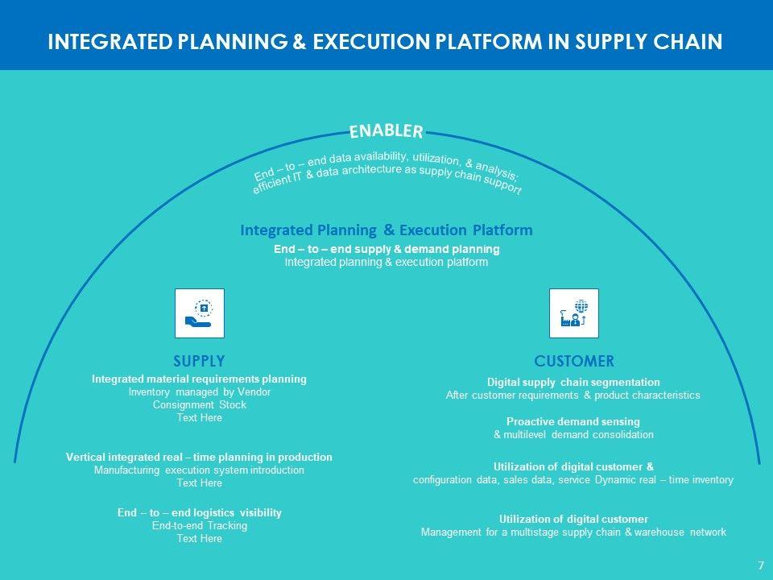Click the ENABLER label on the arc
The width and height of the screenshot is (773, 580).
(x=386, y=130)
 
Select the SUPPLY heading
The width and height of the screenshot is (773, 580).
(x=199, y=360)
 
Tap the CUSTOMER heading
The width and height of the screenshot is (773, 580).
(x=573, y=360)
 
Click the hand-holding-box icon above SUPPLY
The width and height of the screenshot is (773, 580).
(x=199, y=313)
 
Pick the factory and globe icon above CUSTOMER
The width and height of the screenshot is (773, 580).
(x=573, y=313)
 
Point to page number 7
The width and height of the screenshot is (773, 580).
(x=760, y=565)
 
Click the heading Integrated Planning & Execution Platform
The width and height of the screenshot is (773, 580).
(x=386, y=230)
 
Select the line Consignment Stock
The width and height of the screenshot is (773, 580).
(x=199, y=405)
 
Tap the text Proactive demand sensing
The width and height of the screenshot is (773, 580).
(x=573, y=421)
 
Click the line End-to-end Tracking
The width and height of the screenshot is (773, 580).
(x=199, y=526)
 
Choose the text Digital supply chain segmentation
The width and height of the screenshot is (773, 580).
(x=573, y=382)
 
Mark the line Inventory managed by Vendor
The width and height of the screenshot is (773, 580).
(x=199, y=392)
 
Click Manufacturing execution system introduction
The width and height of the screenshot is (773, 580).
(x=199, y=470)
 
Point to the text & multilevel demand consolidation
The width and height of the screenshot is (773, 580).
(x=573, y=435)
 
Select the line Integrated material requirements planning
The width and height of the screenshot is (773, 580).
(x=199, y=379)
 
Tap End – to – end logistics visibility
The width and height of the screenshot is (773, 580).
(x=199, y=512)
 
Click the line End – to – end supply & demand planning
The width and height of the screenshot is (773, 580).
(x=386, y=249)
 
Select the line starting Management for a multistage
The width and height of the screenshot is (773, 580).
(x=573, y=532)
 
